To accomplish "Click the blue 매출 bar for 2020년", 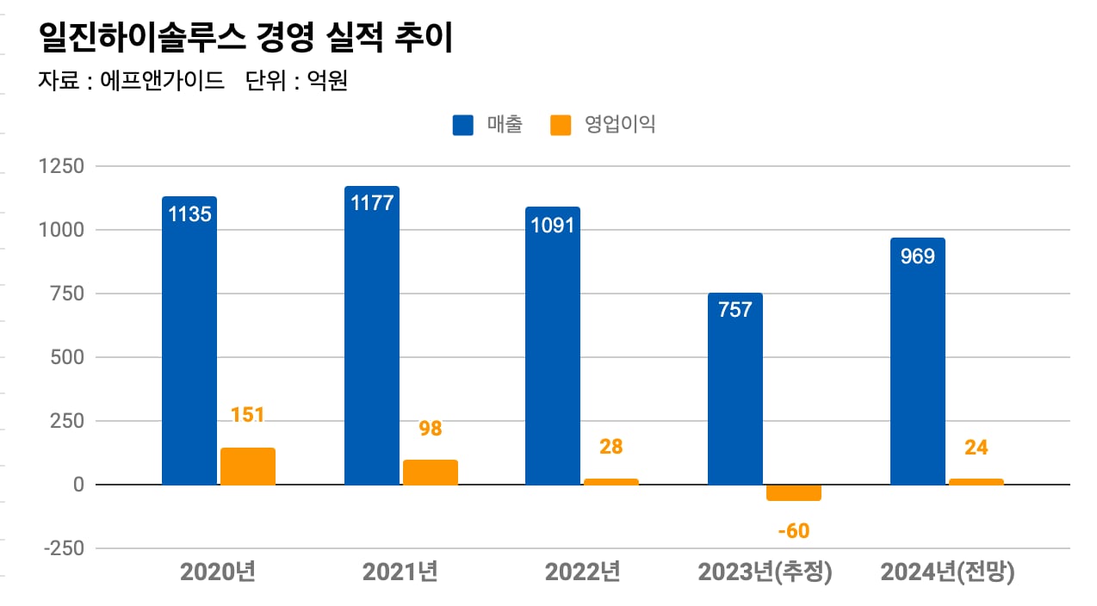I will [189, 344].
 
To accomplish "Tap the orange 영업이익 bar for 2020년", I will [248, 467].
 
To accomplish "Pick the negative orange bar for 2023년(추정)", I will [793, 492].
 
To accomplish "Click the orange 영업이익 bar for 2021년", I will [431, 473].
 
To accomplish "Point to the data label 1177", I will [372, 203].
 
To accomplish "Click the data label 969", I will [917, 257].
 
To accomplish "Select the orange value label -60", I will [793, 531].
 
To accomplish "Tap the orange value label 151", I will [248, 415].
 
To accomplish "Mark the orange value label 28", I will [612, 447].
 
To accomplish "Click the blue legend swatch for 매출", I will [463, 126].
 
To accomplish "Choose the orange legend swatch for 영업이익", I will [561, 126].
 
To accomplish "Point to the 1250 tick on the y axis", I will [61, 166].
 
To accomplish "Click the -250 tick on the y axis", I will [61, 548].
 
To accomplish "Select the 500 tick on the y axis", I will [66, 357].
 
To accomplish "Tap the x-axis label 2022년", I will [583, 572].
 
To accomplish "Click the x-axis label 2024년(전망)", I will [947, 572].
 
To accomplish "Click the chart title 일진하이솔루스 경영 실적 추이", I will [245, 39].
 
